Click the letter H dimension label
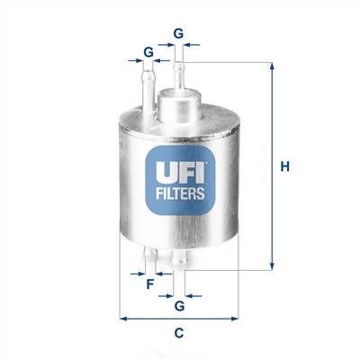[x=284, y=166]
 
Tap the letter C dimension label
[x=179, y=334]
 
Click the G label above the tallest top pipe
[x=179, y=33]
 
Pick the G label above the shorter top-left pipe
[x=148, y=52]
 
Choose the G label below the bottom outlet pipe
[x=180, y=307]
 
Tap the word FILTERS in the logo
[x=179, y=192]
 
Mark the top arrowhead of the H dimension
[x=269, y=66]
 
